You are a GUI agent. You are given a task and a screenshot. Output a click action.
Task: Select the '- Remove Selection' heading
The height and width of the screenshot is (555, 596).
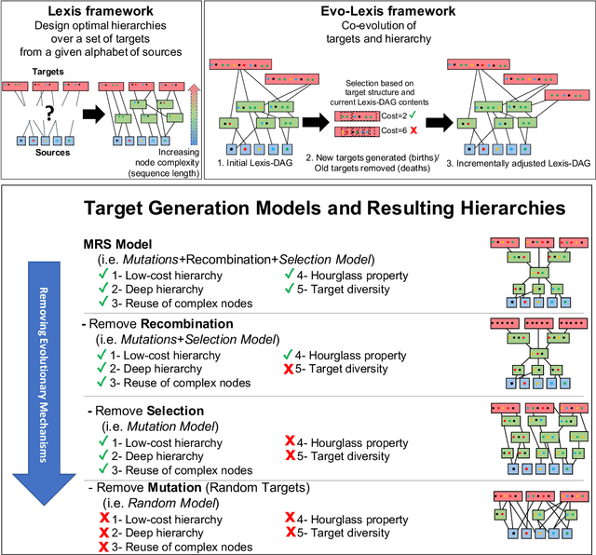(x=142, y=409)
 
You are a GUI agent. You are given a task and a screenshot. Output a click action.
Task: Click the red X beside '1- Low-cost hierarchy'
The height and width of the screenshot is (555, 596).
(x=102, y=517)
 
